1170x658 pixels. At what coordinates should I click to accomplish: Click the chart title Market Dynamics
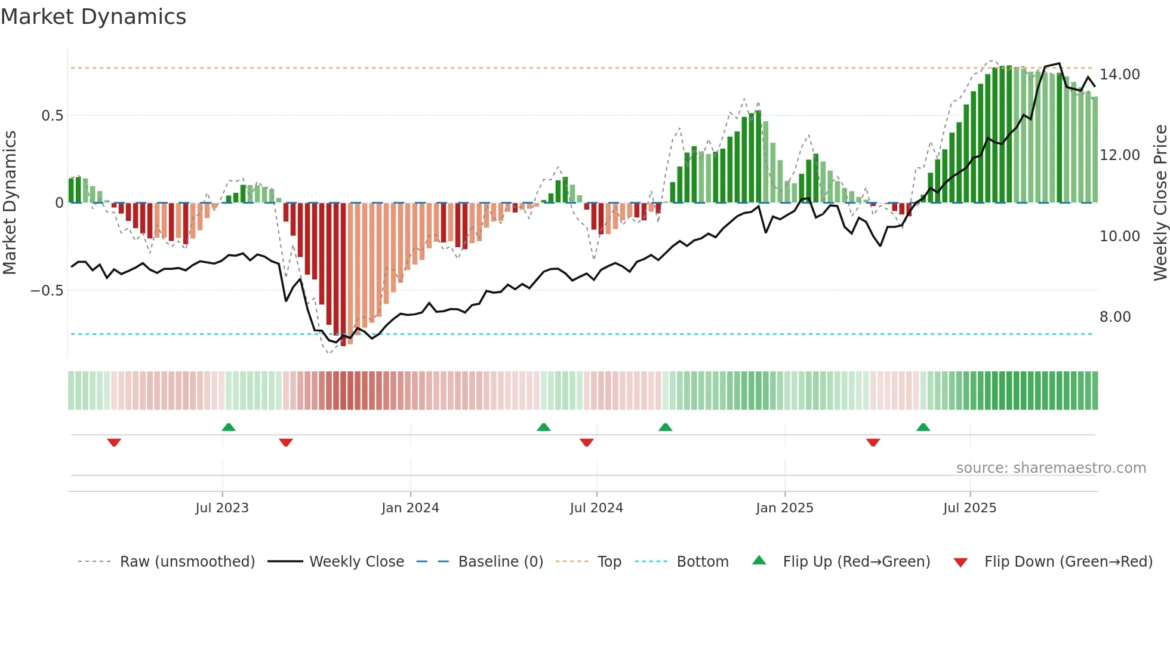pos(93,17)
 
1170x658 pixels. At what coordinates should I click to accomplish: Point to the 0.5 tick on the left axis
pos(52,115)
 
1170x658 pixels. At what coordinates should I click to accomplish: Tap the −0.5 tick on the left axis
pos(47,290)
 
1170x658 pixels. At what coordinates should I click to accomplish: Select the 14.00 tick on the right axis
pos(1119,74)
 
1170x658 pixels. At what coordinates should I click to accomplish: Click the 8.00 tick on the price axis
pos(1114,316)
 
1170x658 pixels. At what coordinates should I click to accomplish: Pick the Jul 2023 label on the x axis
pos(222,508)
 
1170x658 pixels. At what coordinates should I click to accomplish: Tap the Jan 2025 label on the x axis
pos(784,508)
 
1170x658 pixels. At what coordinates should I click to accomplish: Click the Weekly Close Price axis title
pos(1160,202)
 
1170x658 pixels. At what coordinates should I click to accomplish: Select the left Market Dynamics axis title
pos(10,202)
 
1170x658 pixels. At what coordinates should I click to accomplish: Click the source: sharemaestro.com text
pos(1051,468)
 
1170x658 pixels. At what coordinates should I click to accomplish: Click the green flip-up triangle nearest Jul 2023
pos(229,427)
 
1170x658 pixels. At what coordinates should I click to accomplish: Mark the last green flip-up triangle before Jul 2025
pos(923,427)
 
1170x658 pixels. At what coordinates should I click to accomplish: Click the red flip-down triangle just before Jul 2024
pos(587,442)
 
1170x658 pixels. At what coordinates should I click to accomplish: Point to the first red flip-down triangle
pos(114,442)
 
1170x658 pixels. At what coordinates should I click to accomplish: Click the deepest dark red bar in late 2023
pos(343,275)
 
